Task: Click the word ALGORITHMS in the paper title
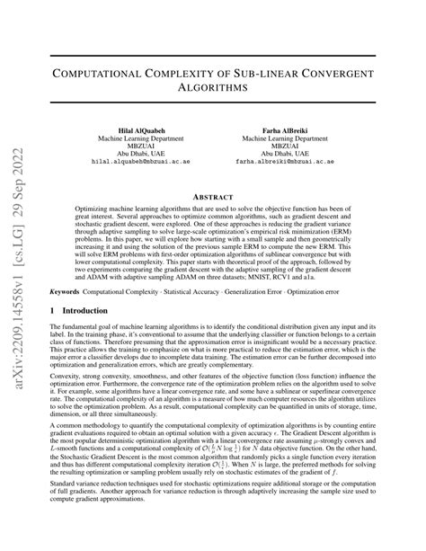(x=213, y=88)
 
